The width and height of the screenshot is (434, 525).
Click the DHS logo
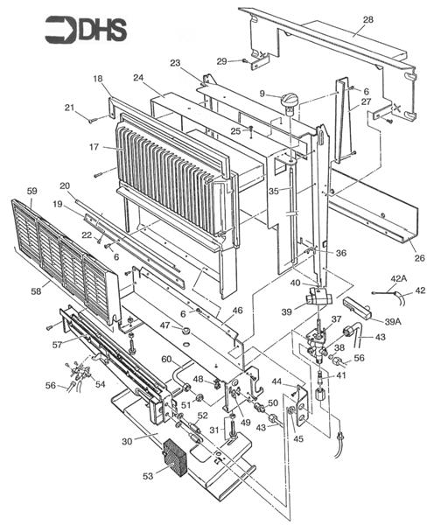click(86, 30)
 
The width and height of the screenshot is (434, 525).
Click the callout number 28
click(368, 19)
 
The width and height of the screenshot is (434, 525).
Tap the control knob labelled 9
click(289, 102)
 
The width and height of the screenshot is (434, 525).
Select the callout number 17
click(94, 147)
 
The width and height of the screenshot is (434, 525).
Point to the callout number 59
click(32, 191)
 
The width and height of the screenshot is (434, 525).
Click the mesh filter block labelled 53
click(174, 458)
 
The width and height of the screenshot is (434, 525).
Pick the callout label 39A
click(393, 322)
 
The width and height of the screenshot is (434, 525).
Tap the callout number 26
click(420, 258)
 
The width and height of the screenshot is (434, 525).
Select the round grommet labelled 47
click(185, 331)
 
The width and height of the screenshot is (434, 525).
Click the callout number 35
click(274, 191)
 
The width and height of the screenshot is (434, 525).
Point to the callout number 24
click(138, 78)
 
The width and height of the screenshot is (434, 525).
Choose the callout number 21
click(69, 107)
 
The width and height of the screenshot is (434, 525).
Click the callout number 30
click(127, 441)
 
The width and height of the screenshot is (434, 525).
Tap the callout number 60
click(167, 360)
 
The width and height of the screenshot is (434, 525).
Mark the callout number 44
click(277, 381)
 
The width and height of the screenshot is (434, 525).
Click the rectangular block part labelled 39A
click(358, 307)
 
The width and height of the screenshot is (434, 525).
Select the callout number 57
click(57, 344)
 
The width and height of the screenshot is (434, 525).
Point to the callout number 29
click(222, 61)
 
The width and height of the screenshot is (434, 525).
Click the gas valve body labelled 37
click(317, 341)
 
